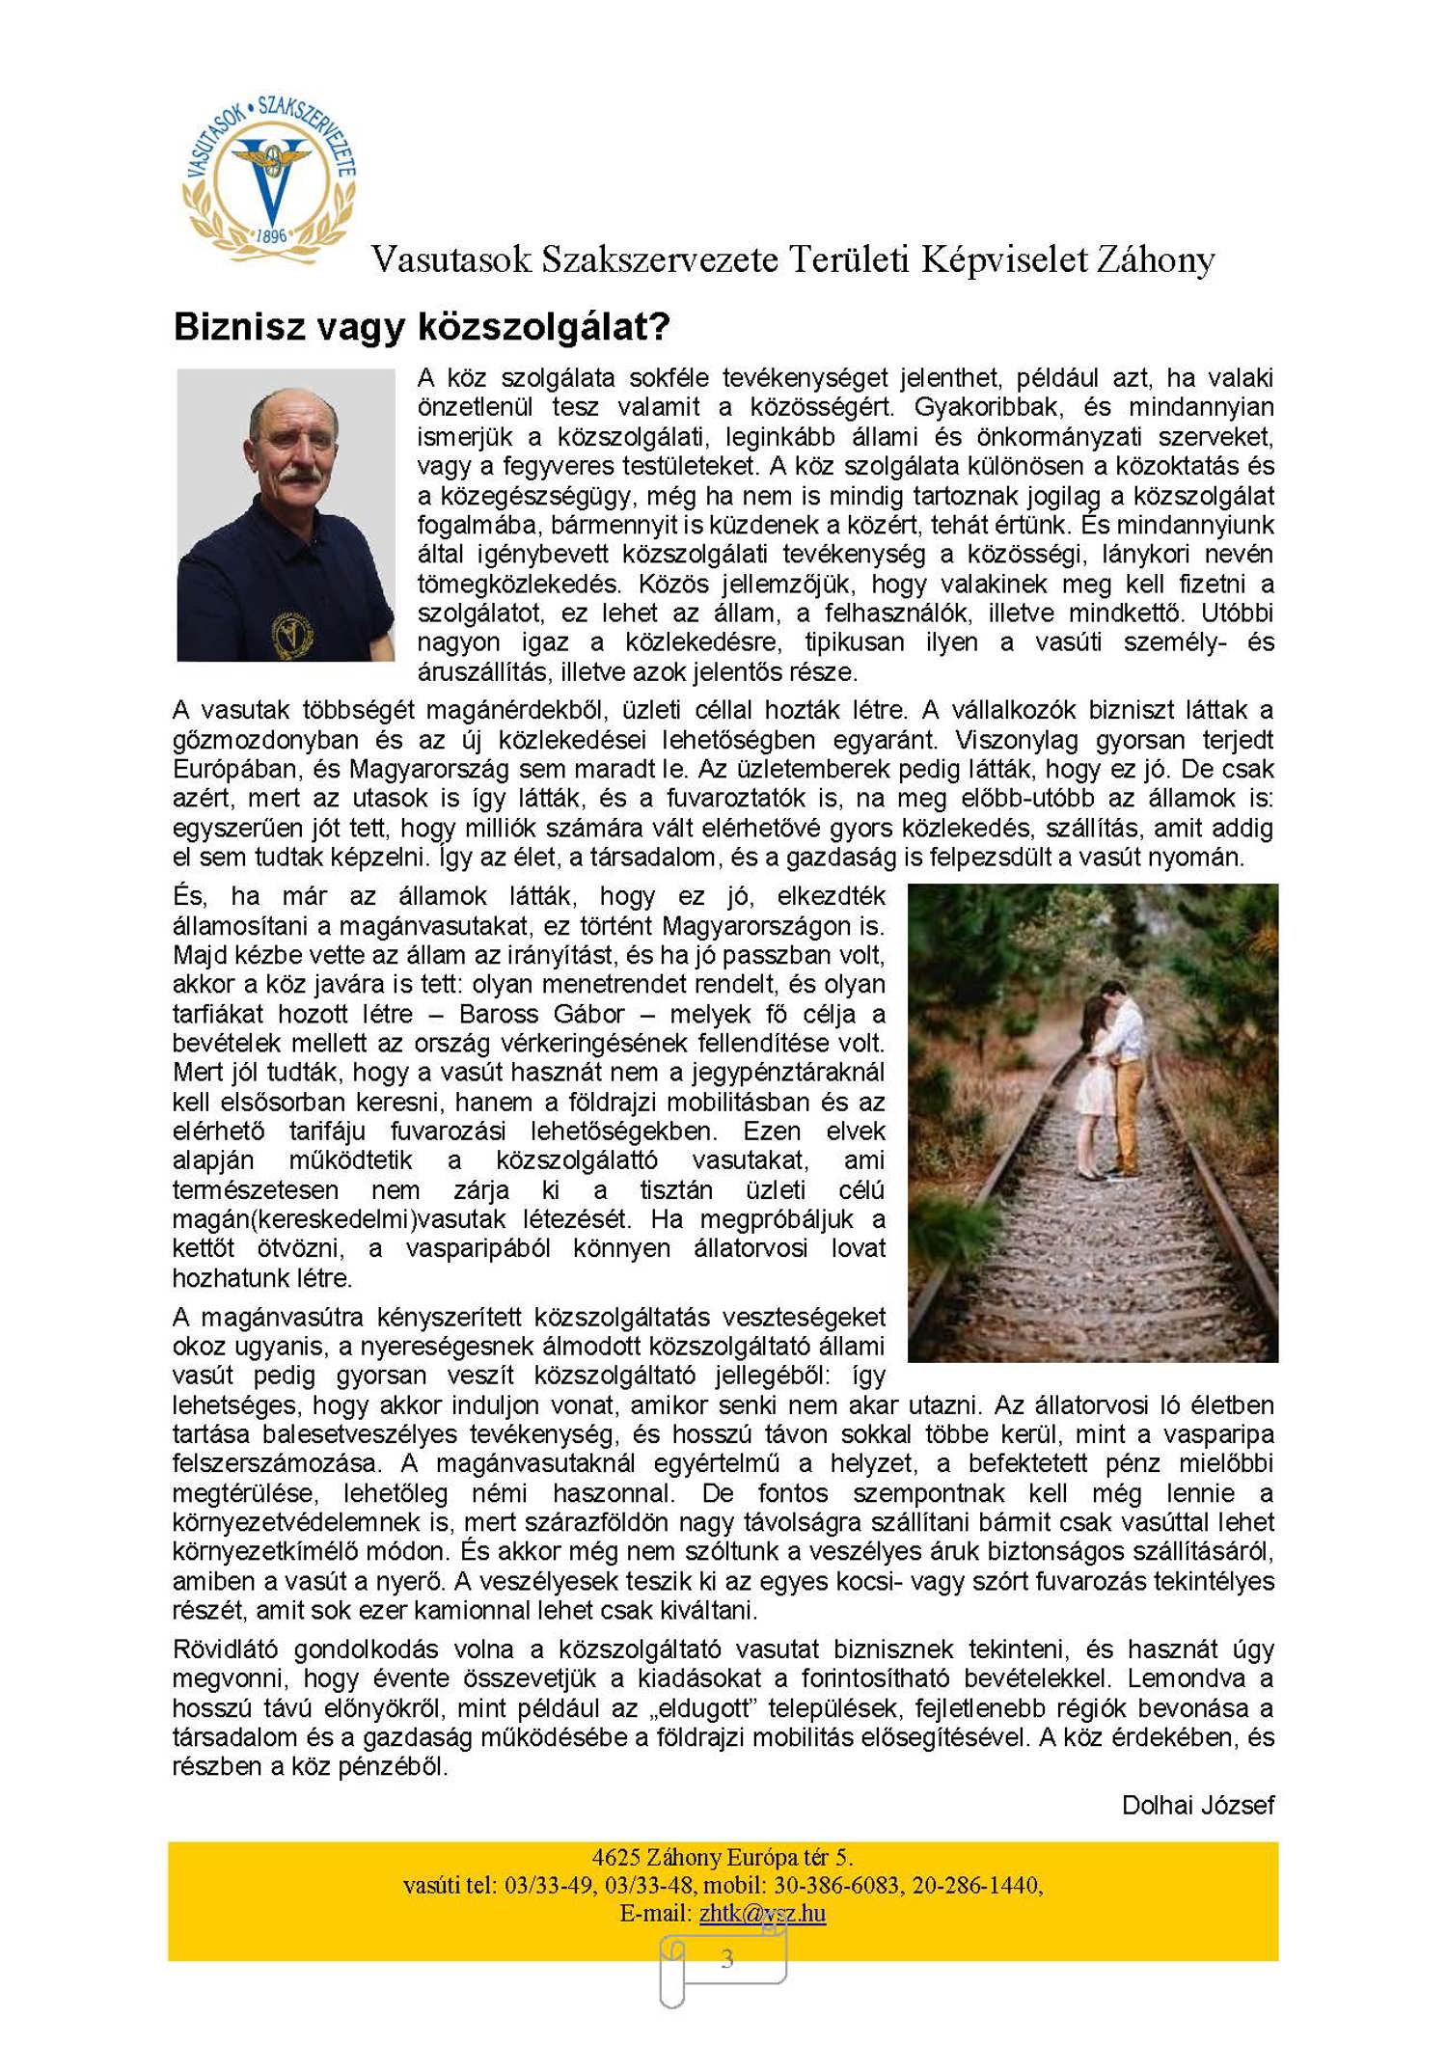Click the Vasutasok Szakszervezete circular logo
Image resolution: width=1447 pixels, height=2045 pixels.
click(x=270, y=178)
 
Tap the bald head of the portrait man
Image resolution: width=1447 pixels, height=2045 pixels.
click(x=289, y=405)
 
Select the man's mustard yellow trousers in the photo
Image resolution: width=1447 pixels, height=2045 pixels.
click(x=1125, y=1109)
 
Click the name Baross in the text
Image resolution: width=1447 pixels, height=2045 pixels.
click(x=498, y=1014)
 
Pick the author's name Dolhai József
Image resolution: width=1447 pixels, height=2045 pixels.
click(x=1197, y=1806)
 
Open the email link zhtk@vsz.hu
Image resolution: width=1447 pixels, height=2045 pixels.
click(x=762, y=1914)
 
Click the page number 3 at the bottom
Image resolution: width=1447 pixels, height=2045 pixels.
click(x=727, y=1959)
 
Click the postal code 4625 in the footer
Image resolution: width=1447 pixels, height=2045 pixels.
click(x=614, y=1858)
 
